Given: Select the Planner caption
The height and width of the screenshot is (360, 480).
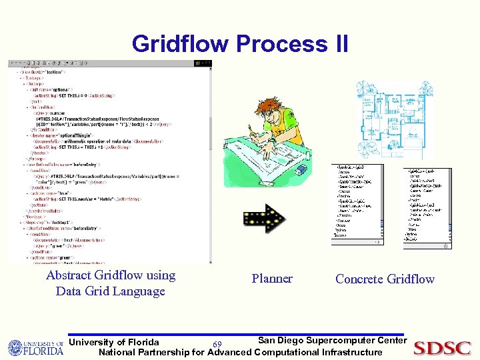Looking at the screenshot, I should [272, 279].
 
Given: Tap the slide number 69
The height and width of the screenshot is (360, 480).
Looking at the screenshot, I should [217, 345].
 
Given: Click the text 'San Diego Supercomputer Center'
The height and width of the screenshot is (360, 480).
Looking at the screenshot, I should [332, 341].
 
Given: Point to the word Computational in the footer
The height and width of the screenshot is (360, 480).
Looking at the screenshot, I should [292, 352].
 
